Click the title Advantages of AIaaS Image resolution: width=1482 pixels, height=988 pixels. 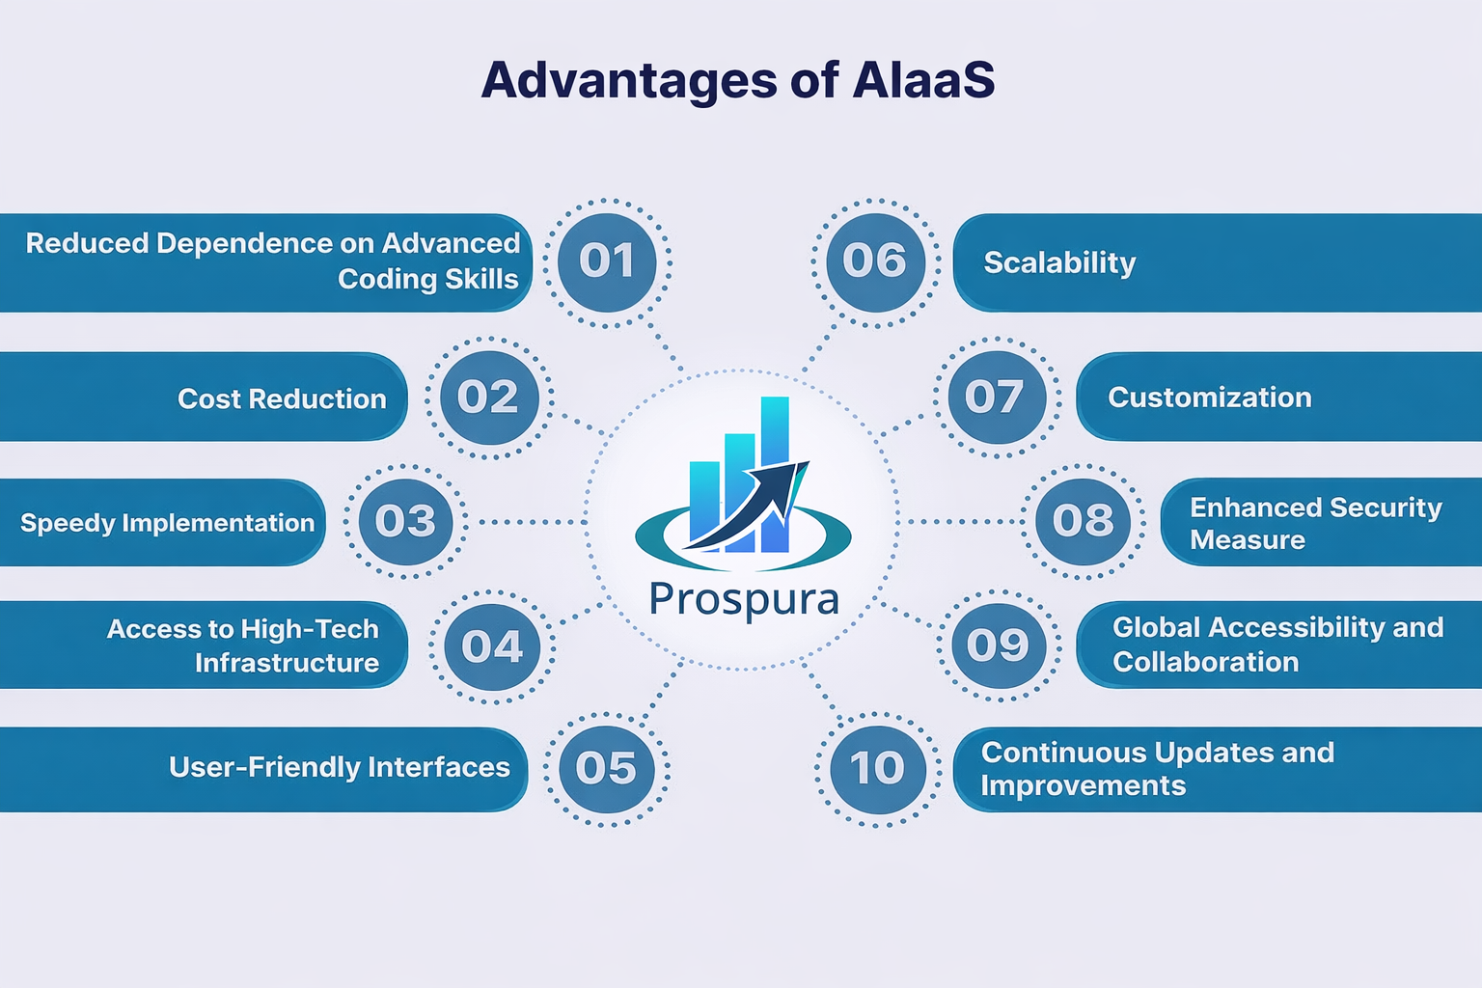tap(738, 80)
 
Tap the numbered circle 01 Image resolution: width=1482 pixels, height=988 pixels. tap(607, 261)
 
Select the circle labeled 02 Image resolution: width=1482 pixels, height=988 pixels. tap(489, 398)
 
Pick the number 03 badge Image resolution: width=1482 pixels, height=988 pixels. tap(405, 522)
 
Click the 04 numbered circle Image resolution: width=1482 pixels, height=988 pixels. tap(492, 645)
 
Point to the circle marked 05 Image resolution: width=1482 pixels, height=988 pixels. tap(607, 769)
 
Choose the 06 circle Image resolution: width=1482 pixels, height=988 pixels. tap(875, 261)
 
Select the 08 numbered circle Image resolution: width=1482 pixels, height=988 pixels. tap(1083, 522)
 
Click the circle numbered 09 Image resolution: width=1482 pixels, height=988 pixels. tap(999, 645)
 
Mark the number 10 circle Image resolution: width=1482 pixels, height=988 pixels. tap(877, 769)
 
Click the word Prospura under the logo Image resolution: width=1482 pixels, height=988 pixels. tap(744, 599)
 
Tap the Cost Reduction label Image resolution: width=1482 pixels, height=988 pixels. tap(282, 399)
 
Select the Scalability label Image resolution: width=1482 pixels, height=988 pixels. tap(1059, 262)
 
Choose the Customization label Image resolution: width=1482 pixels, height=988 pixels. tap(1209, 398)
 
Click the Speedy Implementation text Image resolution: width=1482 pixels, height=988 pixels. tap(167, 523)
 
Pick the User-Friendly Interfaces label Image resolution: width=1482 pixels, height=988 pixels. tap(339, 767)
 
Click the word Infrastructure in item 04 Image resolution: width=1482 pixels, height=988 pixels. tap(287, 663)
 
